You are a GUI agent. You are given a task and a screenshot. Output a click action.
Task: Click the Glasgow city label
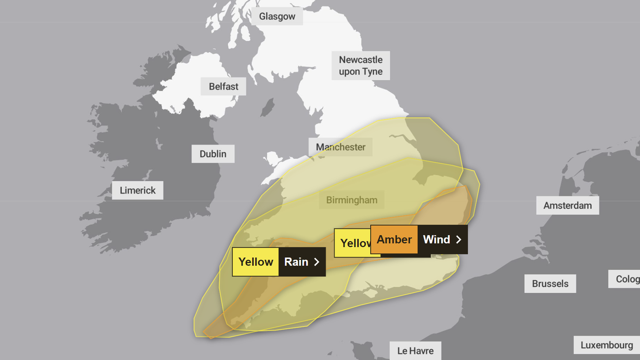coord(277,16)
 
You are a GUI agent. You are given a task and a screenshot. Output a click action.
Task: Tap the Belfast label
coord(223,86)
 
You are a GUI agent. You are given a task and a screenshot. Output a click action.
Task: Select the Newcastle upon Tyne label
coord(360,66)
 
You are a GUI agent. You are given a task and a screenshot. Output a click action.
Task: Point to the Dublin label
coord(213,154)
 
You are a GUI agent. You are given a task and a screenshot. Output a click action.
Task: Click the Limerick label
coord(137,190)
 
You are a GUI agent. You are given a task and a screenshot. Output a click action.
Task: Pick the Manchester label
coord(340,147)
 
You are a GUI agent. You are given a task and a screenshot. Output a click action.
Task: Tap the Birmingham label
coord(352,200)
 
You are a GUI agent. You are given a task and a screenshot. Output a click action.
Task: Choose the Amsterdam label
coord(568,205)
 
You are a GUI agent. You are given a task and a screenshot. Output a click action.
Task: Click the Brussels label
coord(550,283)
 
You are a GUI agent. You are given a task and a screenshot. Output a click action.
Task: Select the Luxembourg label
coord(607,345)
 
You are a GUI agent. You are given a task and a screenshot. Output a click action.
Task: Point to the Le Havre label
coord(415,351)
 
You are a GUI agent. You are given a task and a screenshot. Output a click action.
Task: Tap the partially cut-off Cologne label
coord(627,279)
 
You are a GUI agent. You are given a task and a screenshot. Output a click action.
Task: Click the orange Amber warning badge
coord(394,240)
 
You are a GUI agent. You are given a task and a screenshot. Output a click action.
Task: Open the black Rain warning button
coord(302,262)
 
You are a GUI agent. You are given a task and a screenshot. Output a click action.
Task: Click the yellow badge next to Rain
coord(255,262)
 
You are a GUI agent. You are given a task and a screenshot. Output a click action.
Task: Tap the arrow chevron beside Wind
coord(459,240)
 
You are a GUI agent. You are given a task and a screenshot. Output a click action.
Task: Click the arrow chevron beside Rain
coord(317,262)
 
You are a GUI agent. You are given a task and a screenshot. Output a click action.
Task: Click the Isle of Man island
coord(267,109)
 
